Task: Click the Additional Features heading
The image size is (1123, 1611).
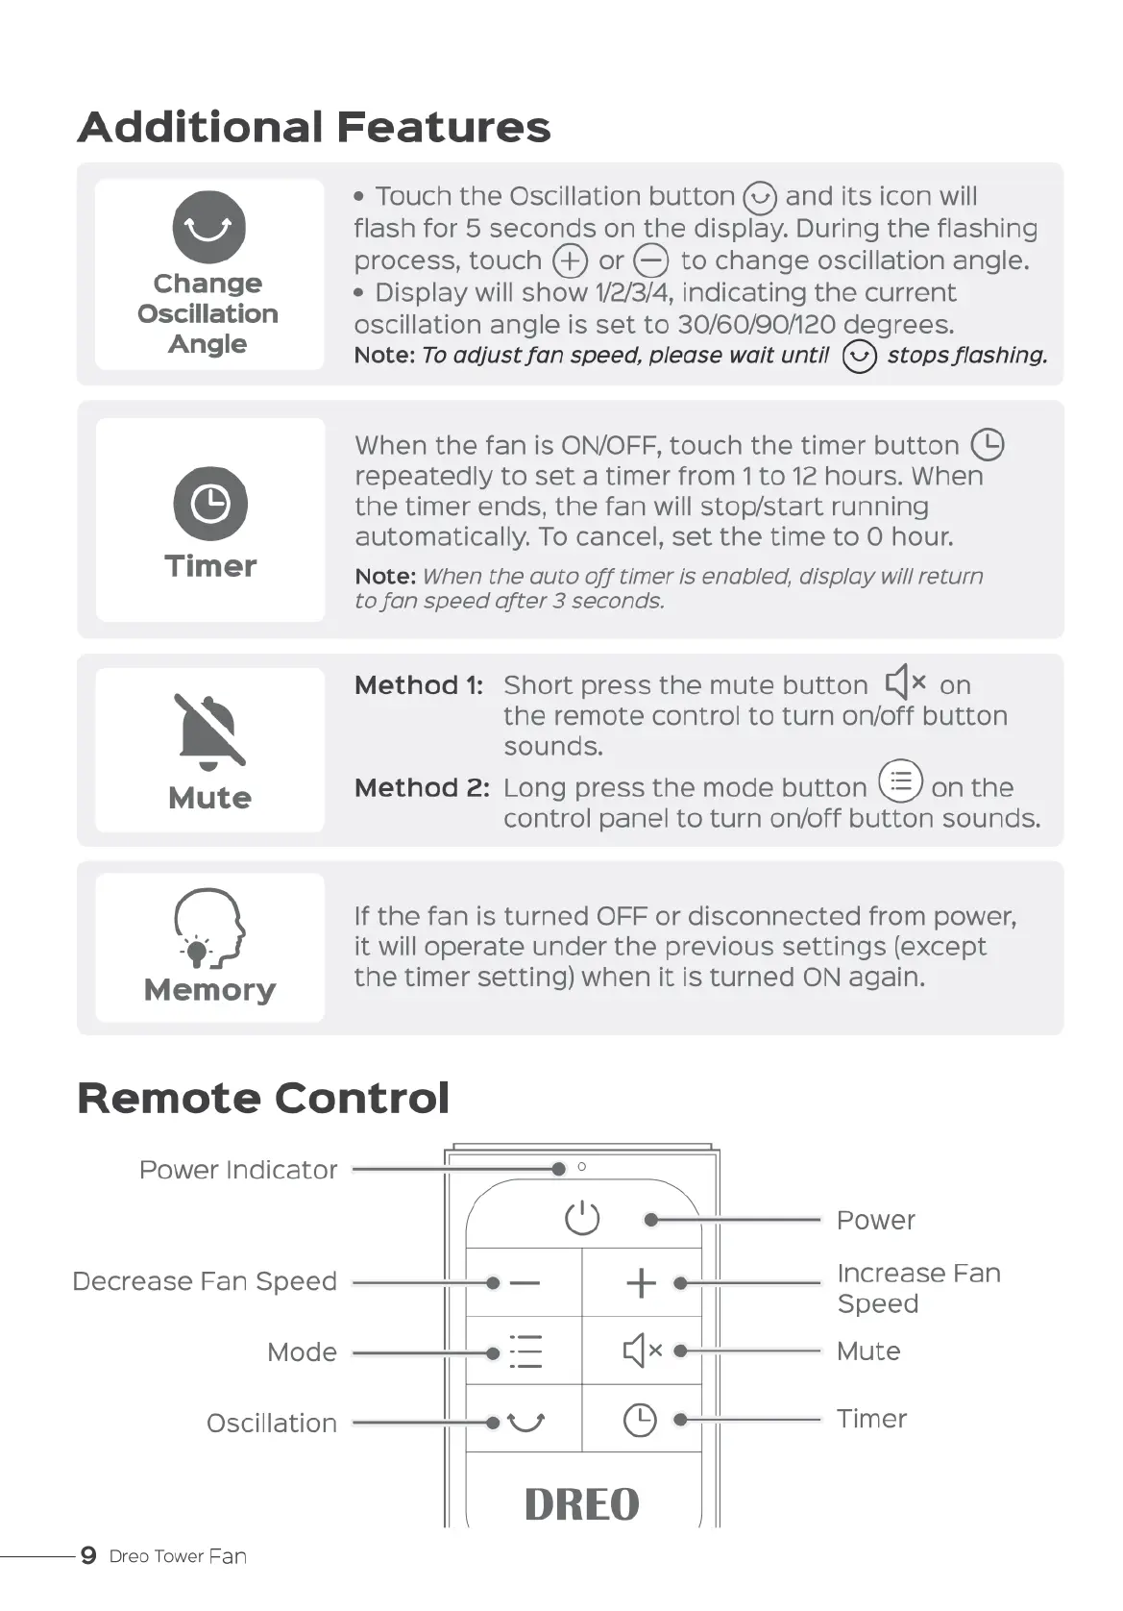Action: coord(314,127)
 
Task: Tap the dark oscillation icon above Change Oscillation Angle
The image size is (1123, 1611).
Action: coord(208,227)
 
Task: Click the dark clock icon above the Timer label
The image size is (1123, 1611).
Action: coord(210,503)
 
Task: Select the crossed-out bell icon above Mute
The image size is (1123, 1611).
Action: coord(209,731)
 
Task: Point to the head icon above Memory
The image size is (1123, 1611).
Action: coord(208,928)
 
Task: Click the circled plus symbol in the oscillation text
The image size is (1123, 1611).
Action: coord(570,260)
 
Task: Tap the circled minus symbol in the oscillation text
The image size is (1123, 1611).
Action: coord(650,260)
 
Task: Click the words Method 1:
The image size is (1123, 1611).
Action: coord(419,685)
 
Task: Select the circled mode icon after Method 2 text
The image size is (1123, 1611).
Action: coord(900,781)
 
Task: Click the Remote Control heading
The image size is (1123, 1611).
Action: coord(263,1098)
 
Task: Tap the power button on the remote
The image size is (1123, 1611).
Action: coord(582,1218)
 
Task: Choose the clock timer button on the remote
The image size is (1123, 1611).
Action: coord(640,1420)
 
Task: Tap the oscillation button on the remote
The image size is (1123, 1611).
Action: coord(525,1421)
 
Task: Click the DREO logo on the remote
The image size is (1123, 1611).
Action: coord(582,1504)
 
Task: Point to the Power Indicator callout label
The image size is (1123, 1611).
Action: coord(238,1170)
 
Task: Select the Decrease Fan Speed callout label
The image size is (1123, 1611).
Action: coord(205,1281)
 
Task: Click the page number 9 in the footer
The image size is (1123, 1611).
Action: coord(88,1555)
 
